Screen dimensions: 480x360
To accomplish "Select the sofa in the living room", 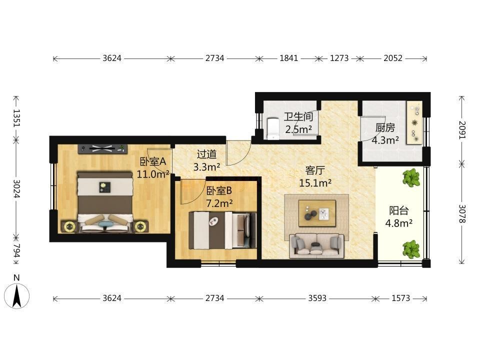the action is click(x=317, y=245).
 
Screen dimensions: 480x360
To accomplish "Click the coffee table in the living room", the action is click(x=317, y=213).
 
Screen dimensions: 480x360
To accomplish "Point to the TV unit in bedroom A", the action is click(x=102, y=149).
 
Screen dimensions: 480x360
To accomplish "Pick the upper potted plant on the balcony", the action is click(x=411, y=177).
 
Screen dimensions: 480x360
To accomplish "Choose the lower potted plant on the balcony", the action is click(x=411, y=249).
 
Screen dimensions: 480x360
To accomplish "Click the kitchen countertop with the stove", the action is click(x=414, y=123).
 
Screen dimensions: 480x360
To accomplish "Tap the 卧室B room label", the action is click(x=219, y=190).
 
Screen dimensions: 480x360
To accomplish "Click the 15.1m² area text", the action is click(x=315, y=183).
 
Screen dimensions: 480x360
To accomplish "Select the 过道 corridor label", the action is click(x=206, y=154).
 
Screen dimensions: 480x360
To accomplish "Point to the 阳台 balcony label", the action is click(x=399, y=210).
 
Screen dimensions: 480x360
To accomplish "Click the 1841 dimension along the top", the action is click(x=288, y=58).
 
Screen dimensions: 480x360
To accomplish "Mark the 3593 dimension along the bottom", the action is click(x=317, y=298).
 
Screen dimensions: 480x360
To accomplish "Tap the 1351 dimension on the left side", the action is click(x=16, y=118).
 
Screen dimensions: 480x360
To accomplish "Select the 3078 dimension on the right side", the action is click(x=462, y=213).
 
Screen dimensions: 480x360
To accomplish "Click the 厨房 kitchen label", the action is click(x=385, y=127).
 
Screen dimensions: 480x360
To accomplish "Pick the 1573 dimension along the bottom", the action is click(x=400, y=298).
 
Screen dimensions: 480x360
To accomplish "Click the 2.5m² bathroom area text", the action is click(x=298, y=129).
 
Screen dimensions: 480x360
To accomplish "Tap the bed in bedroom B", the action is click(x=222, y=230).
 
